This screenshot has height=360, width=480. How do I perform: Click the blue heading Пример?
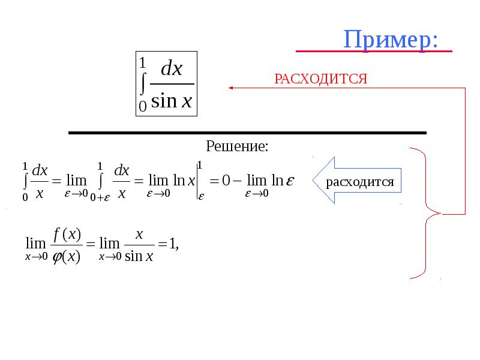point(391,40)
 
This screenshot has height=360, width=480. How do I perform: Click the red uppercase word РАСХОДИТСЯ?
point(320,79)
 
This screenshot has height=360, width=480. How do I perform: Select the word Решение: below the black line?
point(237,146)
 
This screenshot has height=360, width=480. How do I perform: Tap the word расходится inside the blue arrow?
point(359,182)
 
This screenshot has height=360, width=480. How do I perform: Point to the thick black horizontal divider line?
point(247,133)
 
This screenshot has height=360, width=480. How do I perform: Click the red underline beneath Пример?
point(374,51)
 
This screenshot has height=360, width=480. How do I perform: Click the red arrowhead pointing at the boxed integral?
point(231,88)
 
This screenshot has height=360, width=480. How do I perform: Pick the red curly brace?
point(425,214)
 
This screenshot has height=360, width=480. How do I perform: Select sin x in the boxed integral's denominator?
point(172,101)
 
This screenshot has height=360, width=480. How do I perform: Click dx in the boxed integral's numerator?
point(172,68)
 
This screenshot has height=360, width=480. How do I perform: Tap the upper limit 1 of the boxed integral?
point(142,63)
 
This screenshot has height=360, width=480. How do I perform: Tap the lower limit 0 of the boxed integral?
point(143,107)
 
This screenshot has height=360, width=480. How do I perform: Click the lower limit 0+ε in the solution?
point(100,198)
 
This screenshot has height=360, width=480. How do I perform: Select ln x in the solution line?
point(184,181)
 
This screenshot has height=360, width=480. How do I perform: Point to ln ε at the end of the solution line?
point(283,181)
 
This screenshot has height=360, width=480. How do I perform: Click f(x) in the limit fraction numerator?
point(67,235)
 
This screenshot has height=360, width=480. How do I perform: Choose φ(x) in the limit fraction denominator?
point(67,257)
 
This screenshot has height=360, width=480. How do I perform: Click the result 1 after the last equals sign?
point(172,244)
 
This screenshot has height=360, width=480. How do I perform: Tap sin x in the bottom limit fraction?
point(139,256)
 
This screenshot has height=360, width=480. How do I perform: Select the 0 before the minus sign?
point(226,181)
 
